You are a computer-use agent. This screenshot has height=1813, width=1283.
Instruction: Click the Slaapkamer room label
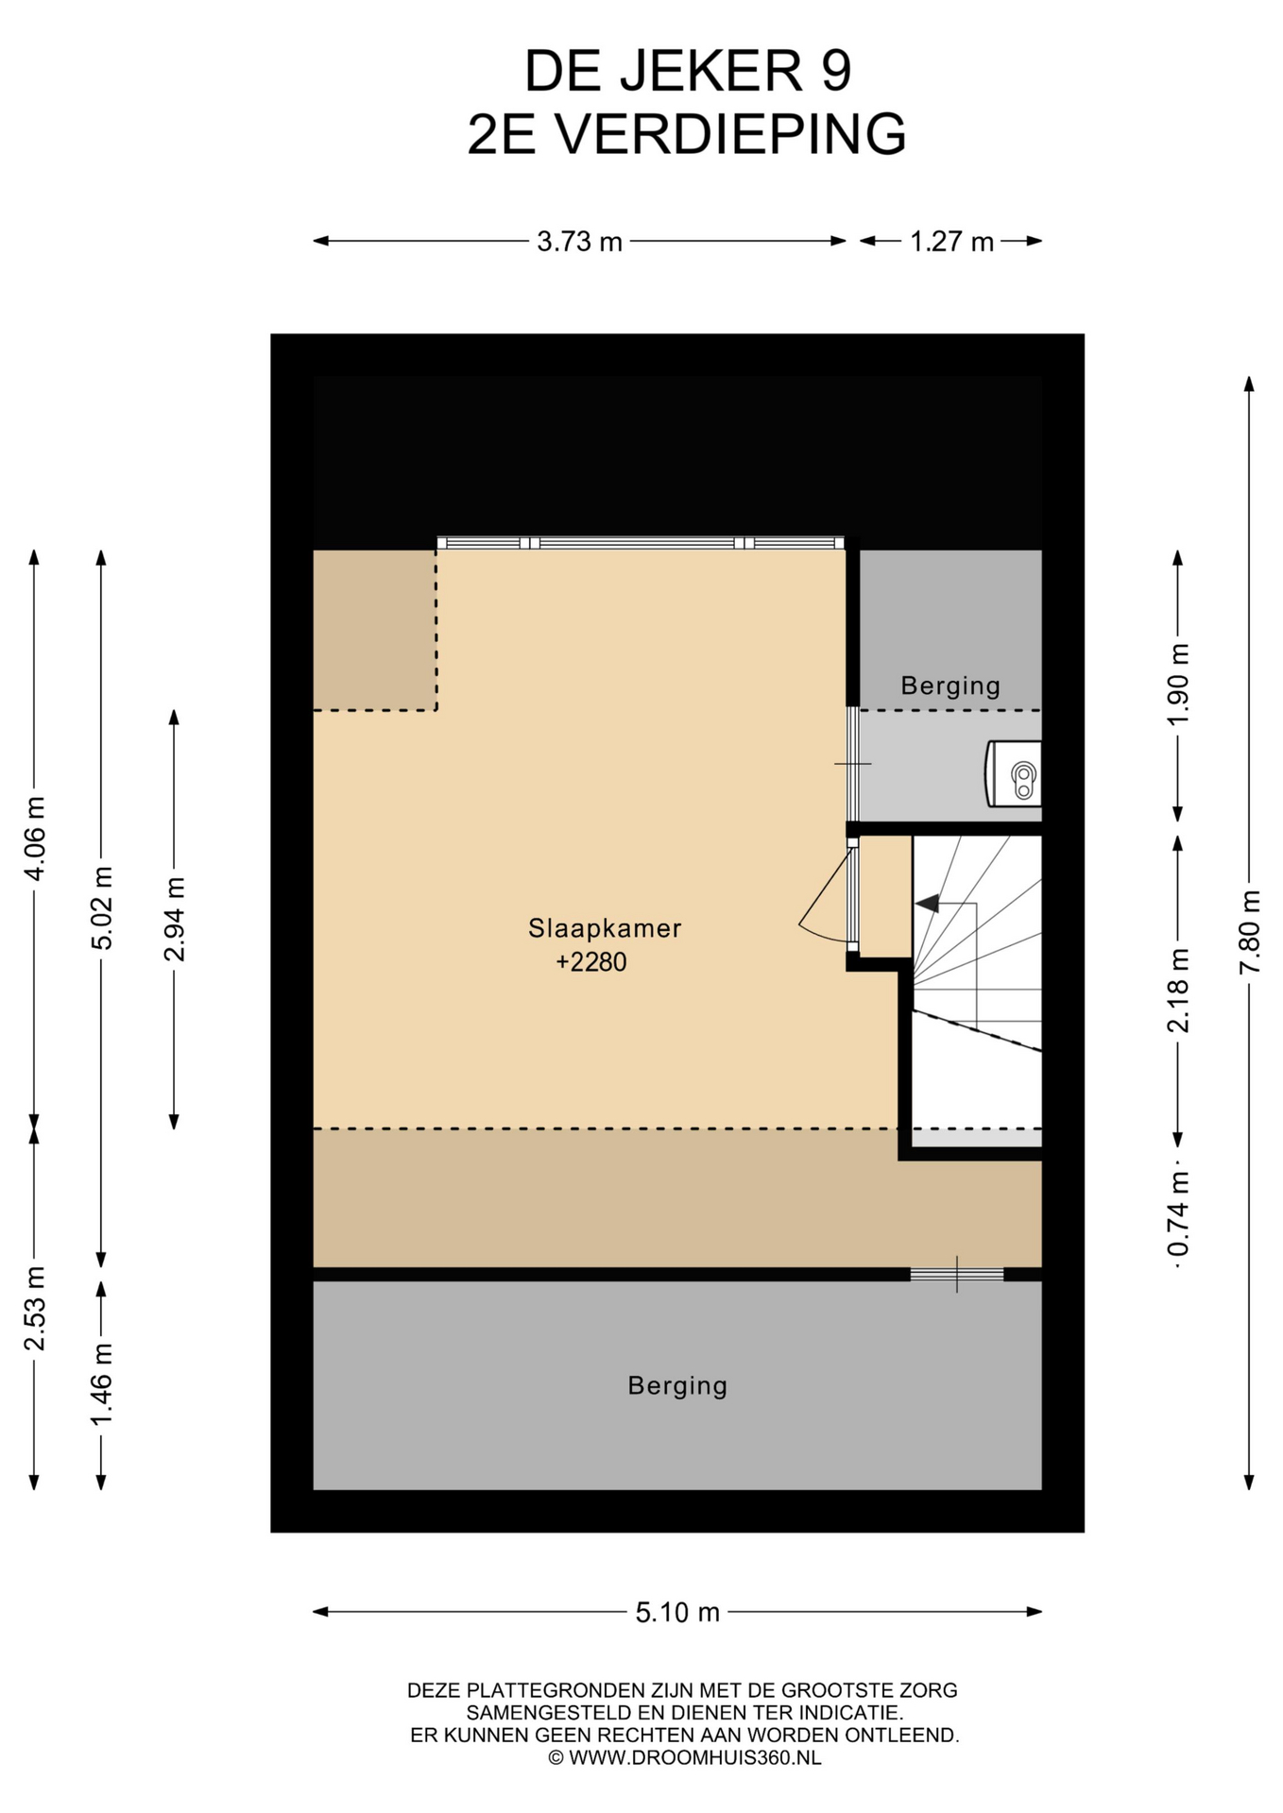point(605,928)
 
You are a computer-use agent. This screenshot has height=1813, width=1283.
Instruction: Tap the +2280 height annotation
point(591,962)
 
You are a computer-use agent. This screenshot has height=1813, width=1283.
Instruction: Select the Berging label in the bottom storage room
point(677,1386)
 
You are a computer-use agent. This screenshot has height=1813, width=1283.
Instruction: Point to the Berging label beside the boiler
point(950,686)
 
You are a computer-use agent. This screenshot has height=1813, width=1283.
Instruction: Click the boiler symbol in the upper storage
point(1014,773)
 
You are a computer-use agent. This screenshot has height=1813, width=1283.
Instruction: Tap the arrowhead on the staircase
point(927,904)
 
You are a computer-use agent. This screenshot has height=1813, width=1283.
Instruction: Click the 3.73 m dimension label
point(579,243)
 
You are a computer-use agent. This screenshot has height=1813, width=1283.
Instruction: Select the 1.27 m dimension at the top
point(951,243)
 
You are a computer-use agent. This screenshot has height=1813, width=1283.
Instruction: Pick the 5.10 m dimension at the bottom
point(677,1612)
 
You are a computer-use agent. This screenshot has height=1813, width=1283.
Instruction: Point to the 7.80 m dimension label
point(1250,931)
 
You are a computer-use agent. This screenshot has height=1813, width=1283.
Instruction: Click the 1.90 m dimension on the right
point(1178,685)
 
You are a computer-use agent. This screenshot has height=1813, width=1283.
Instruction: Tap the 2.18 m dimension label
point(1178,991)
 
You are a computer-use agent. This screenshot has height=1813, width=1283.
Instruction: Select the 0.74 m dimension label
point(1178,1215)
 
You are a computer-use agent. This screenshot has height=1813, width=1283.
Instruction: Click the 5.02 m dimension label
point(102,907)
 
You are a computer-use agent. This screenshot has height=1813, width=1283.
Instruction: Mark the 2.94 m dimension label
point(174,919)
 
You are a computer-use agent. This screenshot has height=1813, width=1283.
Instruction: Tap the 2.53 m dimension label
point(35,1309)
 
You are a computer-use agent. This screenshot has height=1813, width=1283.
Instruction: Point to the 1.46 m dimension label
point(102,1384)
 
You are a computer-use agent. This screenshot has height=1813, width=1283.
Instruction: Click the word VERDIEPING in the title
point(729,134)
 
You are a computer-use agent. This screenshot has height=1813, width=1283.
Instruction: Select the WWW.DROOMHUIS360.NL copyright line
point(685,1757)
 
